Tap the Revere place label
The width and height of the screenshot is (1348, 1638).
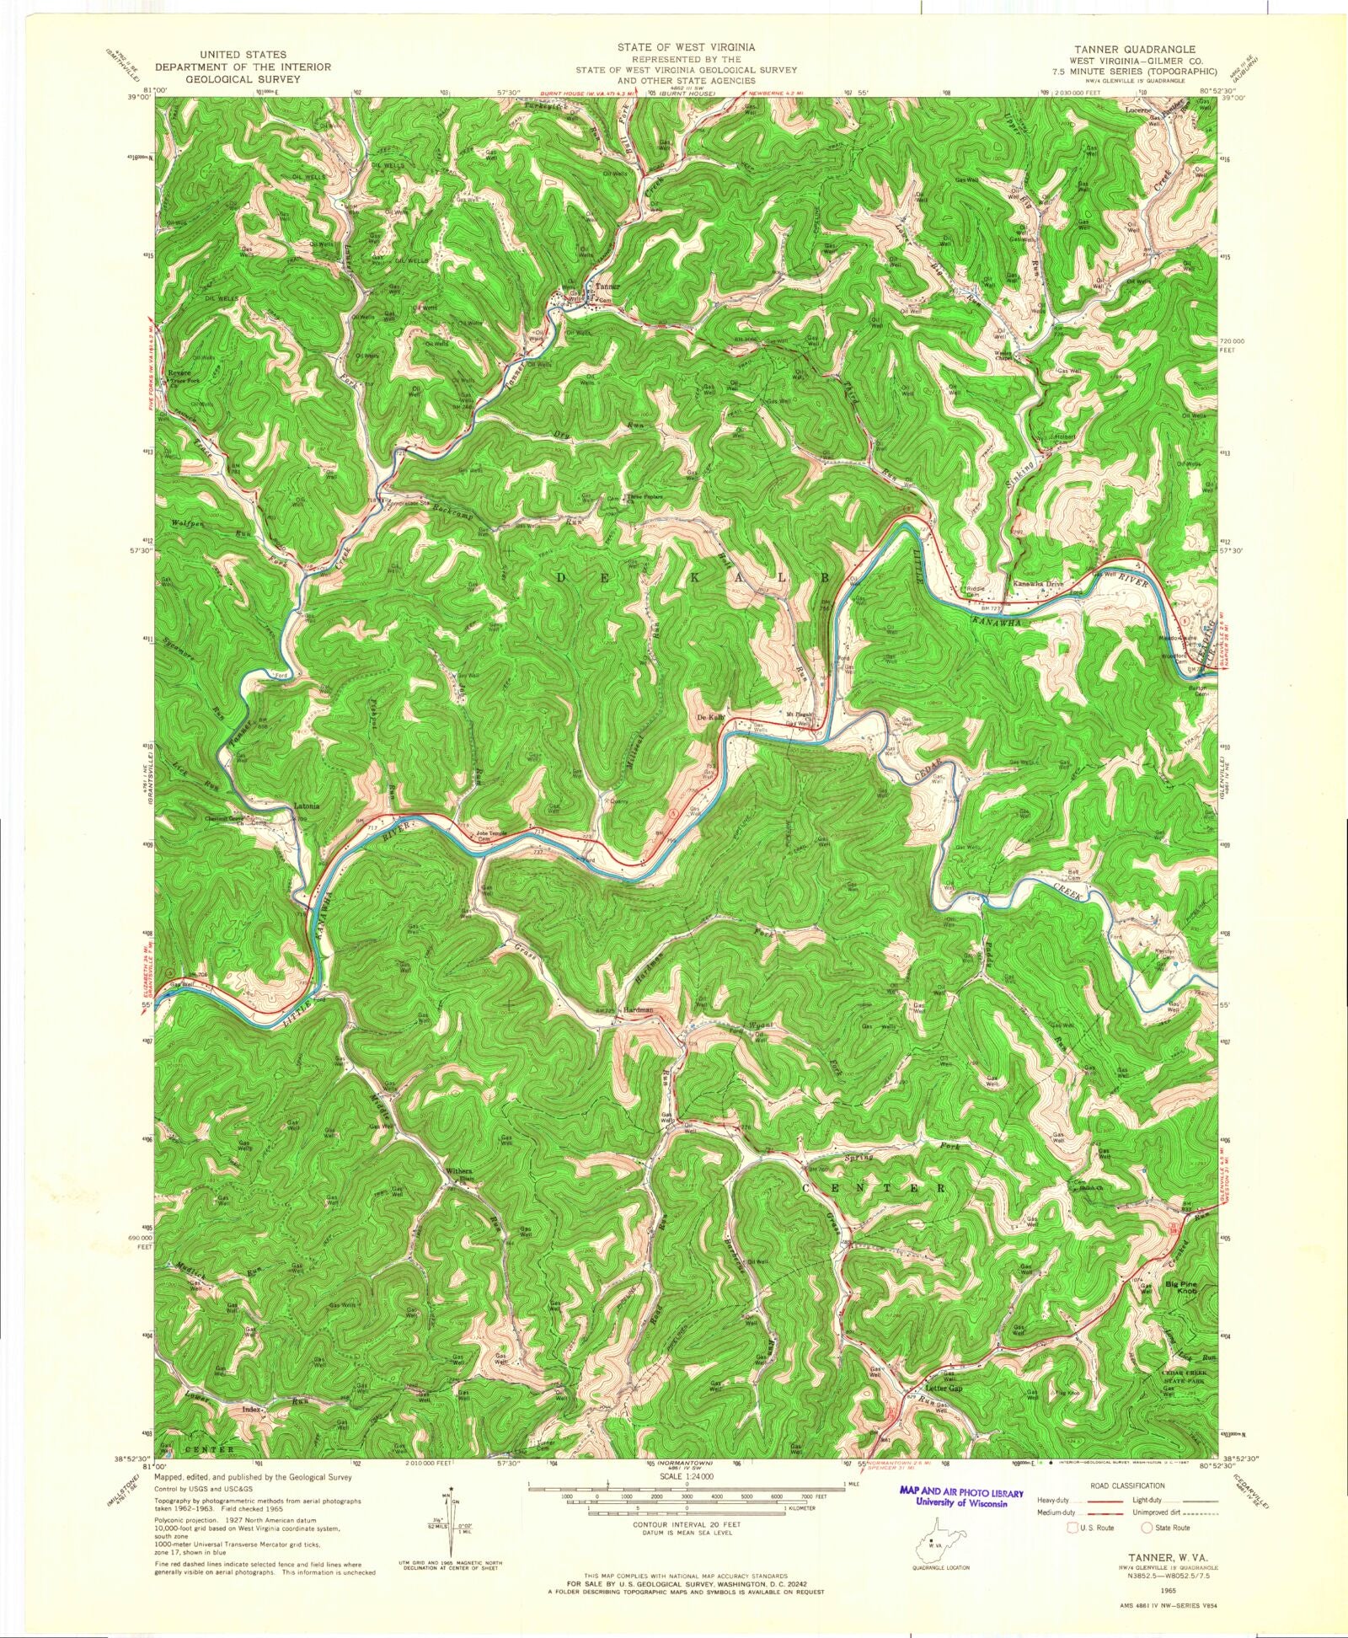click(x=179, y=372)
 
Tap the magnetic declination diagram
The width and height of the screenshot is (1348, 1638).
click(x=456, y=1523)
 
